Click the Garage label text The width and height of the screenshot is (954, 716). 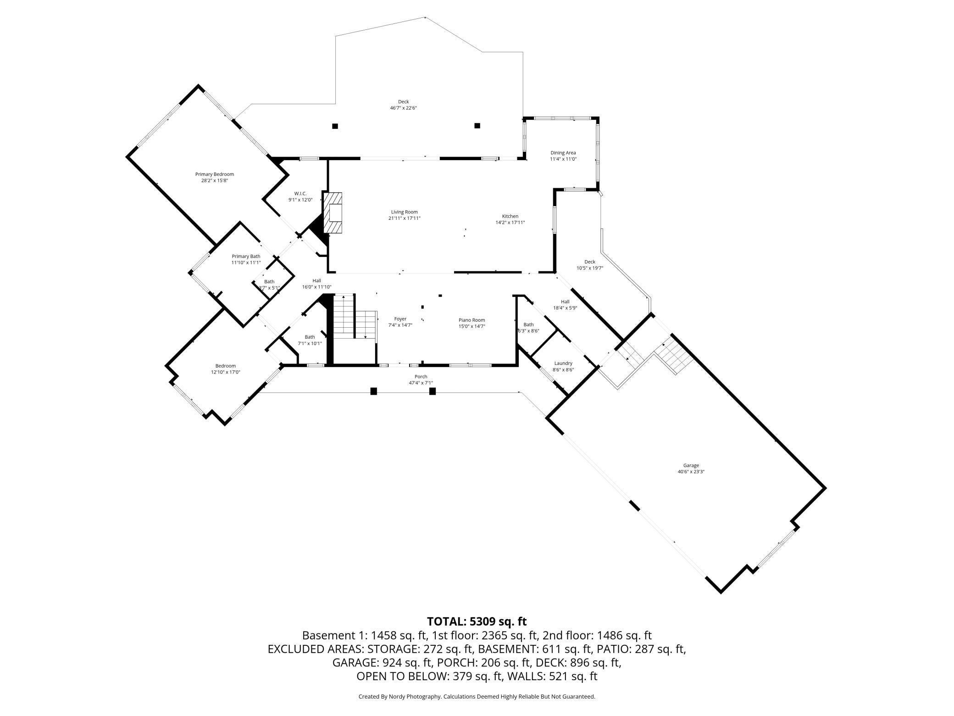click(x=691, y=465)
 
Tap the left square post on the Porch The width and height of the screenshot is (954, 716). click(x=374, y=392)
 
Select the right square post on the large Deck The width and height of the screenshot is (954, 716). click(x=477, y=126)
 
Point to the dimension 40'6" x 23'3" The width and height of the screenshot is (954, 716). click(x=691, y=471)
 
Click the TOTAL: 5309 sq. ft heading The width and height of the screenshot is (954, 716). click(x=477, y=621)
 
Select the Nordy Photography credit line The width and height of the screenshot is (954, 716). click(x=477, y=696)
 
